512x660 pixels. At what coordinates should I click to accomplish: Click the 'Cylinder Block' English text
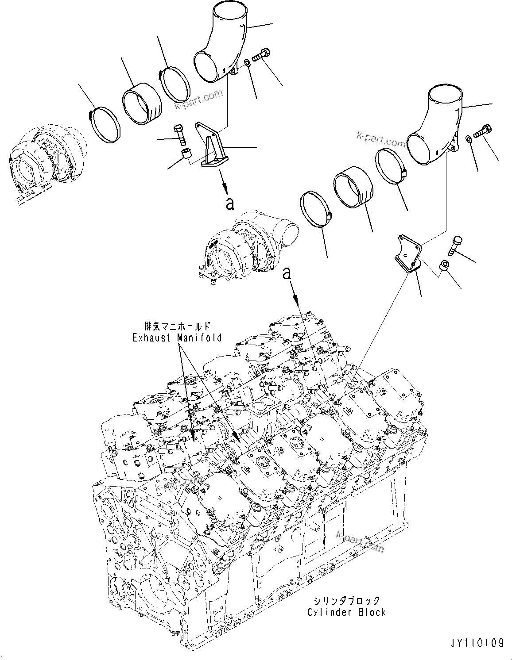pos(346,612)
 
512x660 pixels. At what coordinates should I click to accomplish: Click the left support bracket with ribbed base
pos(211,149)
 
